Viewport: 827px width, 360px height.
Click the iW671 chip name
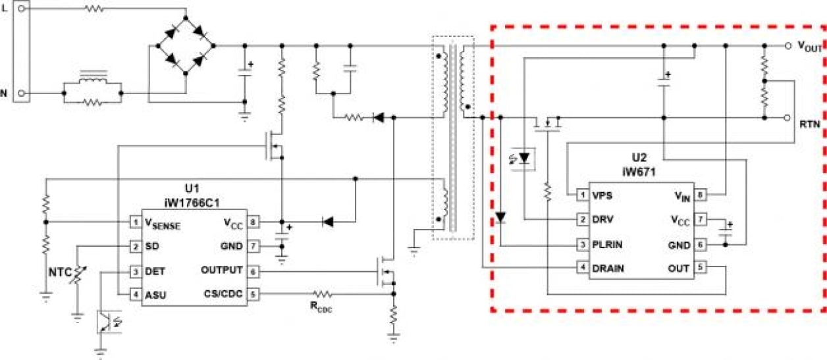pos(638,171)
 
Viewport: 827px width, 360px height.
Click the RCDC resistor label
pos(323,307)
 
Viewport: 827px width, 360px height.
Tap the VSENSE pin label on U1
pos(163,224)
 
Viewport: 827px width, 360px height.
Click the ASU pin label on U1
pos(155,295)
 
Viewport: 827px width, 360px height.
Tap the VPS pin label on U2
pos(602,195)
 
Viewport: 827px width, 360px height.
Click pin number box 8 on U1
pos(253,222)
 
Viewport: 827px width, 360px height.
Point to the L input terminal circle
pos(22,11)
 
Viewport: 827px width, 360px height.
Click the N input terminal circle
pos(22,93)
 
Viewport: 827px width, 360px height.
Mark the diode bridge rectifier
pos(184,45)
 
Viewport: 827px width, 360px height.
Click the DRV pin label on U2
pos(602,220)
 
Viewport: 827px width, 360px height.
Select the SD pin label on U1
pos(151,247)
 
